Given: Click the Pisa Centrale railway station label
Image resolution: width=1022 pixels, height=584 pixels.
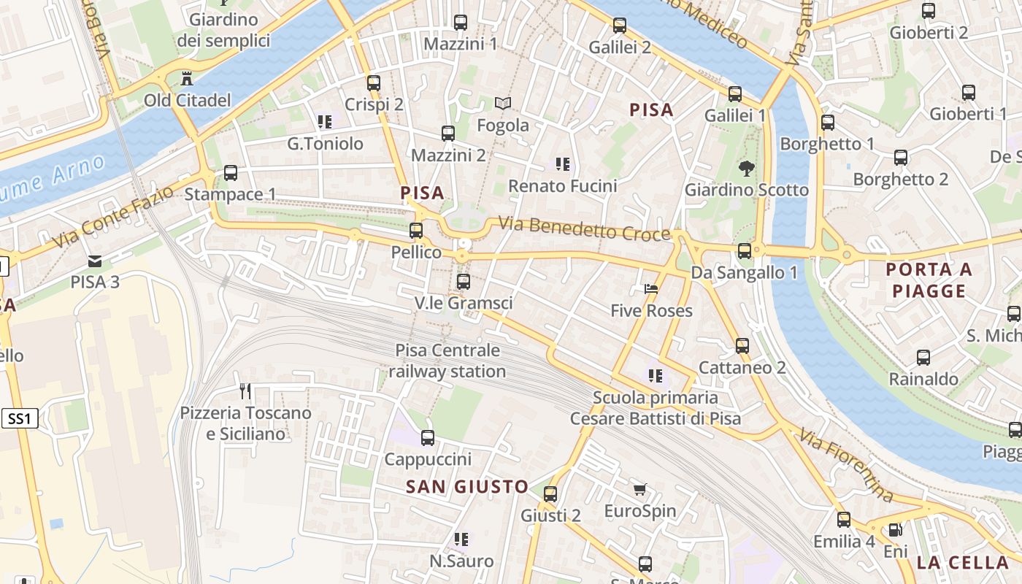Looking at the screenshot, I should (x=447, y=361).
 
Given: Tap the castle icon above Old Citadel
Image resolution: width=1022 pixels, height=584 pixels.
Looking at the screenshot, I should (x=187, y=77).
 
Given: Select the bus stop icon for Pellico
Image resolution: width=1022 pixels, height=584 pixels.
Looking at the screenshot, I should (x=416, y=231).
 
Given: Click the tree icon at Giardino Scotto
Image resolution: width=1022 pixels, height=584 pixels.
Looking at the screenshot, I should (x=746, y=169).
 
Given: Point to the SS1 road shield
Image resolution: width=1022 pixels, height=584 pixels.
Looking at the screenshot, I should (x=20, y=418).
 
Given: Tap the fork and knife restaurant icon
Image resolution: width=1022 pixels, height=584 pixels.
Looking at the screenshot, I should (x=245, y=391).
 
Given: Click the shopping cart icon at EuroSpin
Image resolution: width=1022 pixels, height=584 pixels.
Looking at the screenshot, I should (x=640, y=489).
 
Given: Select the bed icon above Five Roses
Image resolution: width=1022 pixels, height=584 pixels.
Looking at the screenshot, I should (x=651, y=289).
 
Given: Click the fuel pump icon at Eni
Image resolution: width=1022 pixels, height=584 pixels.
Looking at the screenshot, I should (x=895, y=530).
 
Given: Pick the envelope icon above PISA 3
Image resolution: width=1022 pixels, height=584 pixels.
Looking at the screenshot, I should (x=95, y=261).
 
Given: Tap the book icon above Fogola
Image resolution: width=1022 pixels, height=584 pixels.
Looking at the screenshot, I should (x=503, y=104).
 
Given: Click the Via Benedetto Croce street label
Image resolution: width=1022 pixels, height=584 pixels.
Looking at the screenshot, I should (x=584, y=228).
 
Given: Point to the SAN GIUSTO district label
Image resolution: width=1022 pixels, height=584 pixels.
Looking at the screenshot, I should (x=467, y=487).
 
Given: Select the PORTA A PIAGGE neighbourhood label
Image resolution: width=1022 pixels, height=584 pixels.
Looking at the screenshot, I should (x=929, y=280).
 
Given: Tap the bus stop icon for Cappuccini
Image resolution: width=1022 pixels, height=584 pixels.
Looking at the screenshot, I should (x=428, y=438).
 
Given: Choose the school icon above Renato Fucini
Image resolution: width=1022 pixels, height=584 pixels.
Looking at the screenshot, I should (x=562, y=164).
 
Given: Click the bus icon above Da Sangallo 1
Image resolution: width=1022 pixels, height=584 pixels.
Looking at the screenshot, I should (x=745, y=251).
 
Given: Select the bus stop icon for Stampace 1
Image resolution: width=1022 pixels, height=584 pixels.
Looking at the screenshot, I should (x=231, y=173).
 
